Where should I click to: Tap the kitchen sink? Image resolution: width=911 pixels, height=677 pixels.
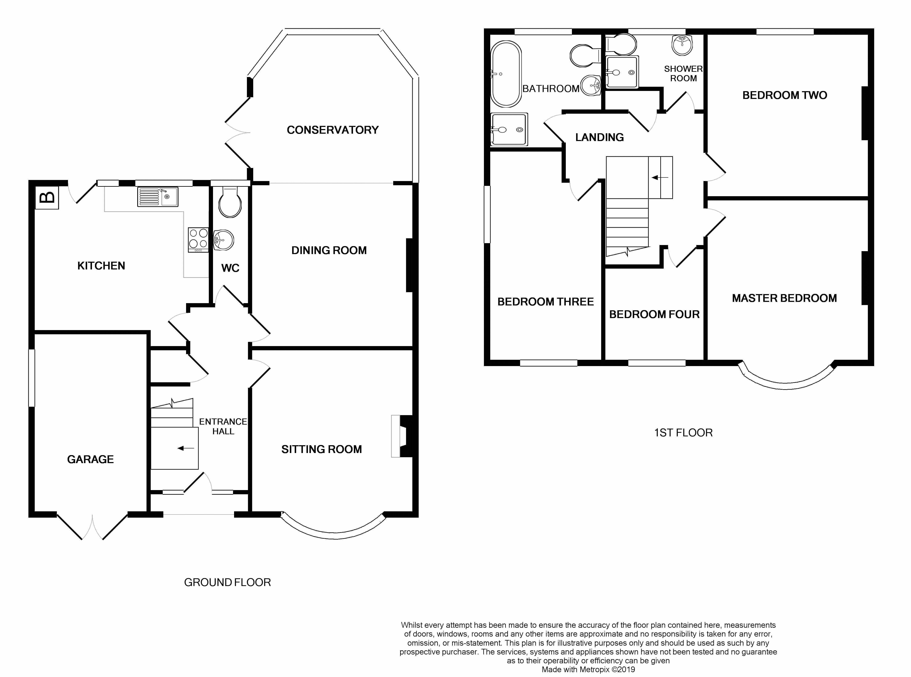(158, 197)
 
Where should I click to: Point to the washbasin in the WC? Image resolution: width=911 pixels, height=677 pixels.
(223, 240)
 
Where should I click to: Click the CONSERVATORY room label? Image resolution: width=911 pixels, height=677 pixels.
(332, 130)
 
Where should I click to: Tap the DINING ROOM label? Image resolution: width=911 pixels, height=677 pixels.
(329, 250)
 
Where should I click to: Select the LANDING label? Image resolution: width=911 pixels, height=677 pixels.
(599, 137)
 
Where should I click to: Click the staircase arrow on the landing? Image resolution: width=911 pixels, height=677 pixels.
(660, 177)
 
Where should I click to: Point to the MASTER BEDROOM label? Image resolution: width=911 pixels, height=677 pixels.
(784, 298)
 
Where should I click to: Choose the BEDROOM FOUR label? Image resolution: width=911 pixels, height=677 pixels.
(654, 314)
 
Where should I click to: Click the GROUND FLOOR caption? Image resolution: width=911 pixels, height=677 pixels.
(228, 582)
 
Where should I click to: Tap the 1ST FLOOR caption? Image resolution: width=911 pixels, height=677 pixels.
(683, 433)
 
